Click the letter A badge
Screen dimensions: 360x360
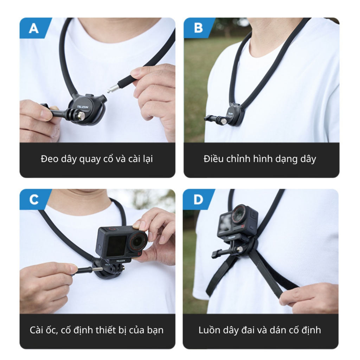pos(34,28)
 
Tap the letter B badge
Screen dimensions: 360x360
pos(198,28)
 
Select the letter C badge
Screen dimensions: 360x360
pos(34,199)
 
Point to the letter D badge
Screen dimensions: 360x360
pos(198,199)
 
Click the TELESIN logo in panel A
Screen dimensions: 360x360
pos(83,107)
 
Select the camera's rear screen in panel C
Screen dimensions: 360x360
pos(116,246)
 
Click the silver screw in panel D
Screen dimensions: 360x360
pos(240,249)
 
